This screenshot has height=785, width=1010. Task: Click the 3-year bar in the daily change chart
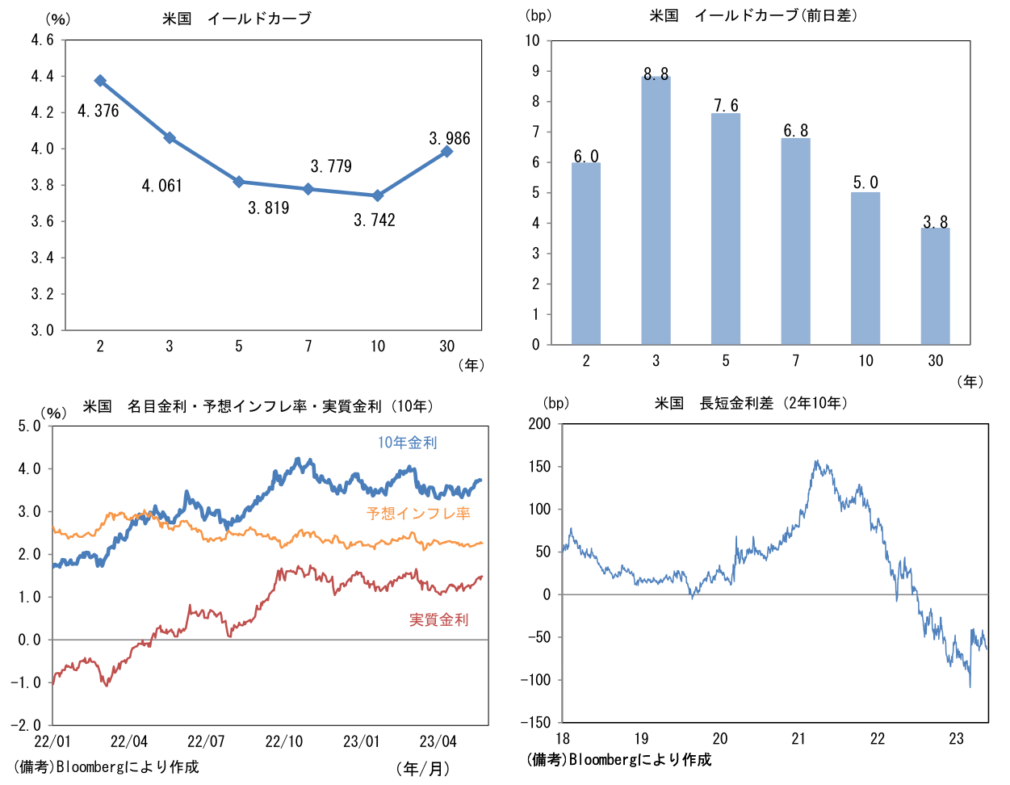656,210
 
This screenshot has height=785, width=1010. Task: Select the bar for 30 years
935,286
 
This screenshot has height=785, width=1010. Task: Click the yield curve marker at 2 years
100,81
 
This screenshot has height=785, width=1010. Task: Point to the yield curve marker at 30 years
446,151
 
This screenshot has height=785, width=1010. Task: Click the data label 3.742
375,220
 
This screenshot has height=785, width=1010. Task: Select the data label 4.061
162,186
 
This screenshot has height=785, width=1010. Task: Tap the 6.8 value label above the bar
795,131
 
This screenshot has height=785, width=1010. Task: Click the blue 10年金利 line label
408,443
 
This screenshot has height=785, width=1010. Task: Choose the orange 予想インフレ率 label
418,513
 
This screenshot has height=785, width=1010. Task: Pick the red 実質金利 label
438,619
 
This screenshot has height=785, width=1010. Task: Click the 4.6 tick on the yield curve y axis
43,40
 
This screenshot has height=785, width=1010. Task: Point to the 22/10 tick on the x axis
284,741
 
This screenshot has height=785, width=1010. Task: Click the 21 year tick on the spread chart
798,738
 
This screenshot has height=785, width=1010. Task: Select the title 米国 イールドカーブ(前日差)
753,15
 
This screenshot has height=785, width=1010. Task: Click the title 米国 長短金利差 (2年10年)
751,402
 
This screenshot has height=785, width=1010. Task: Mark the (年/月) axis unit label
423,768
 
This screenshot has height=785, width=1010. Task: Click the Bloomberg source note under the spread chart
618,759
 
